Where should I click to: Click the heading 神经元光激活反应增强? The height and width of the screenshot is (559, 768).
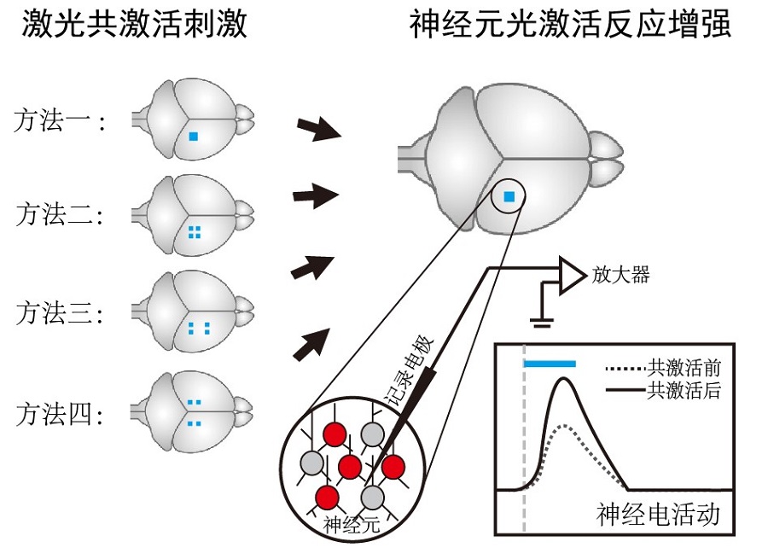click(570, 25)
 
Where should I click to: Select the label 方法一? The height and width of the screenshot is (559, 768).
click(58, 122)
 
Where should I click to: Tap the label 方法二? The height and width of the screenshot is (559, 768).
click(58, 215)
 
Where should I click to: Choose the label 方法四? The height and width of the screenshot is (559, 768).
click(58, 416)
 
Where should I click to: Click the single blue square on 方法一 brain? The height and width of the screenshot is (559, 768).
click(194, 135)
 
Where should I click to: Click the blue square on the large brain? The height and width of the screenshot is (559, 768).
click(509, 197)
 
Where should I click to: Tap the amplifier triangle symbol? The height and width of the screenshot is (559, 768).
click(571, 274)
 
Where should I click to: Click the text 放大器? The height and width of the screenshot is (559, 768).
click(621, 274)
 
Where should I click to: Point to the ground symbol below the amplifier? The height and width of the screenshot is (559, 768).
click(540, 321)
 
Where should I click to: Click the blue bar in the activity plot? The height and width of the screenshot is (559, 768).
click(550, 364)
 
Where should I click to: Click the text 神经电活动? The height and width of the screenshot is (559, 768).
click(658, 515)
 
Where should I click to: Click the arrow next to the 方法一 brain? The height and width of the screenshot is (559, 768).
click(317, 130)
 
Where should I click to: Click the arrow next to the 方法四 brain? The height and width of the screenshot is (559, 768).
click(313, 342)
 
